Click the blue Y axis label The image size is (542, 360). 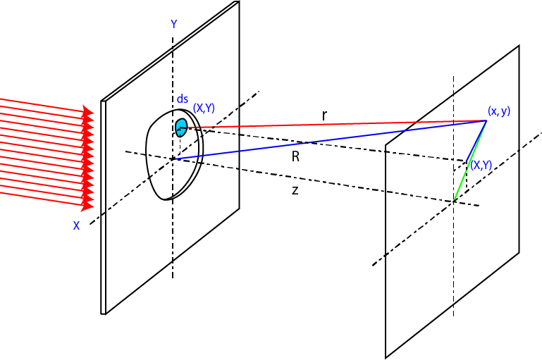click(x=173, y=24)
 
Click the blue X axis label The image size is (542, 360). click(x=76, y=225)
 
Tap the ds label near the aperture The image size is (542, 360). click(x=183, y=99)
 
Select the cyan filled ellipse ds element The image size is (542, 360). click(x=181, y=128)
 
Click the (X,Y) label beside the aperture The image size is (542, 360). click(x=204, y=108)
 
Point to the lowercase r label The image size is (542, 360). click(x=324, y=116)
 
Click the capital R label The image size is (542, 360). click(x=296, y=157)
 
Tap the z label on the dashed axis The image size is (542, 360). click(x=295, y=190)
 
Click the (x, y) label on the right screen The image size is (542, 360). click(x=498, y=111)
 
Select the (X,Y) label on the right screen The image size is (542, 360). click(x=481, y=165)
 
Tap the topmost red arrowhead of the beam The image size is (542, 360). click(x=89, y=111)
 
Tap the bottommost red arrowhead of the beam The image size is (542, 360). click(x=89, y=205)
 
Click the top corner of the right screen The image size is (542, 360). click(x=519, y=46)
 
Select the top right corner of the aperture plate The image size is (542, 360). click(x=239, y=2)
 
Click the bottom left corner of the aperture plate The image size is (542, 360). click(x=103, y=314)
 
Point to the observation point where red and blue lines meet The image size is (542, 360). click(x=486, y=120)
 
